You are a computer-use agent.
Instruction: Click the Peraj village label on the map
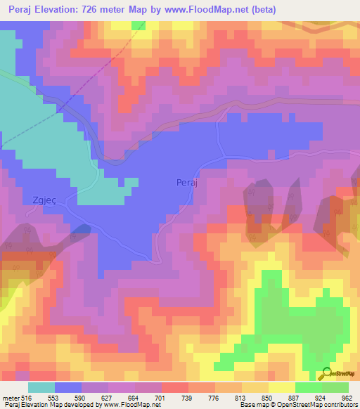coord(186,183)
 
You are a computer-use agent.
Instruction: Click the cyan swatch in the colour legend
coord(41,387)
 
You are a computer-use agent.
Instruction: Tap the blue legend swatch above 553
coord(68,387)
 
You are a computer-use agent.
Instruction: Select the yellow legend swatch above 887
coord(282,387)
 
